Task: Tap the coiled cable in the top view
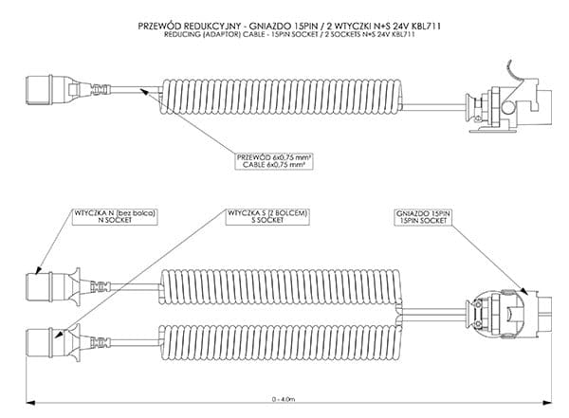(x=284, y=95)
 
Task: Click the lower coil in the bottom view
(x=284, y=335)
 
